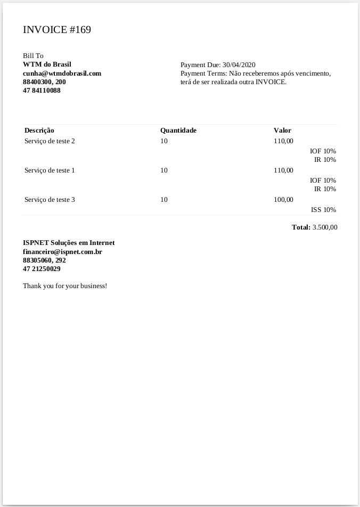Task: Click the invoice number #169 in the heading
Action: pyautogui.click(x=80, y=30)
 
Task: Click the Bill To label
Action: pyautogui.click(x=33, y=56)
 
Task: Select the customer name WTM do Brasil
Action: pyautogui.click(x=47, y=64)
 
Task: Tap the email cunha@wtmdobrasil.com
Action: pyautogui.click(x=62, y=73)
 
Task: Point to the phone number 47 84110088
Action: pyautogui.click(x=42, y=91)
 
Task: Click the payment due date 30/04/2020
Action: pyautogui.click(x=239, y=65)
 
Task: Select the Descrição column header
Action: pyautogui.click(x=39, y=130)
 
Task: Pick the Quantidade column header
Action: pyautogui.click(x=178, y=130)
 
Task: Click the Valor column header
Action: pyautogui.click(x=282, y=130)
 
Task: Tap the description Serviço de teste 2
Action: pyautogui.click(x=50, y=141)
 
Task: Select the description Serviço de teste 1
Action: pyautogui.click(x=50, y=170)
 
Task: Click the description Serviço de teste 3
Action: pyautogui.click(x=50, y=200)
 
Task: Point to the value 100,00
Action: pyautogui.click(x=283, y=200)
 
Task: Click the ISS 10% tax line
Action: pyautogui.click(x=323, y=210)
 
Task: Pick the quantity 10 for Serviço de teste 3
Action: pyautogui.click(x=164, y=200)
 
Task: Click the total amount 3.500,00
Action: pyautogui.click(x=325, y=227)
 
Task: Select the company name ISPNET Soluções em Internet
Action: pyautogui.click(x=69, y=243)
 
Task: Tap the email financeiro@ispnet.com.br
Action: pyautogui.click(x=62, y=251)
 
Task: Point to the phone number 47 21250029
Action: pyautogui.click(x=42, y=269)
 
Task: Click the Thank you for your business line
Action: pyautogui.click(x=65, y=286)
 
